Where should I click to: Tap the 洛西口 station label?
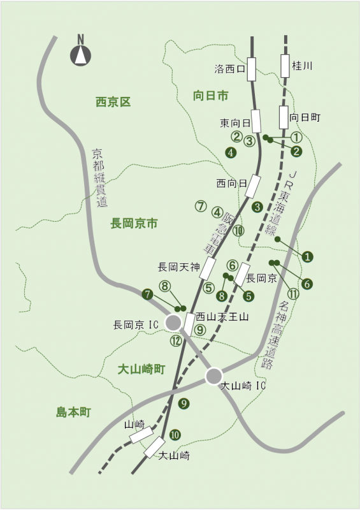tap(230, 68)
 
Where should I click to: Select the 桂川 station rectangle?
tap(285, 65)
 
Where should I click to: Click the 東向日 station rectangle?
tap(256, 120)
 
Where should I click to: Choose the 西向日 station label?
tap(231, 184)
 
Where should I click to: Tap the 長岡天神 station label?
tap(178, 265)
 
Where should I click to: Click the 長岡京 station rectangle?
tap(241, 273)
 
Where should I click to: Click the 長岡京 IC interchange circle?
tap(173, 323)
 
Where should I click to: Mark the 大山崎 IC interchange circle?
tap(213, 376)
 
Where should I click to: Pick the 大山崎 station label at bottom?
tap(175, 456)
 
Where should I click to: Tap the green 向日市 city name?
tap(210, 95)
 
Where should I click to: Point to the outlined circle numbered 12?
tap(176, 340)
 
